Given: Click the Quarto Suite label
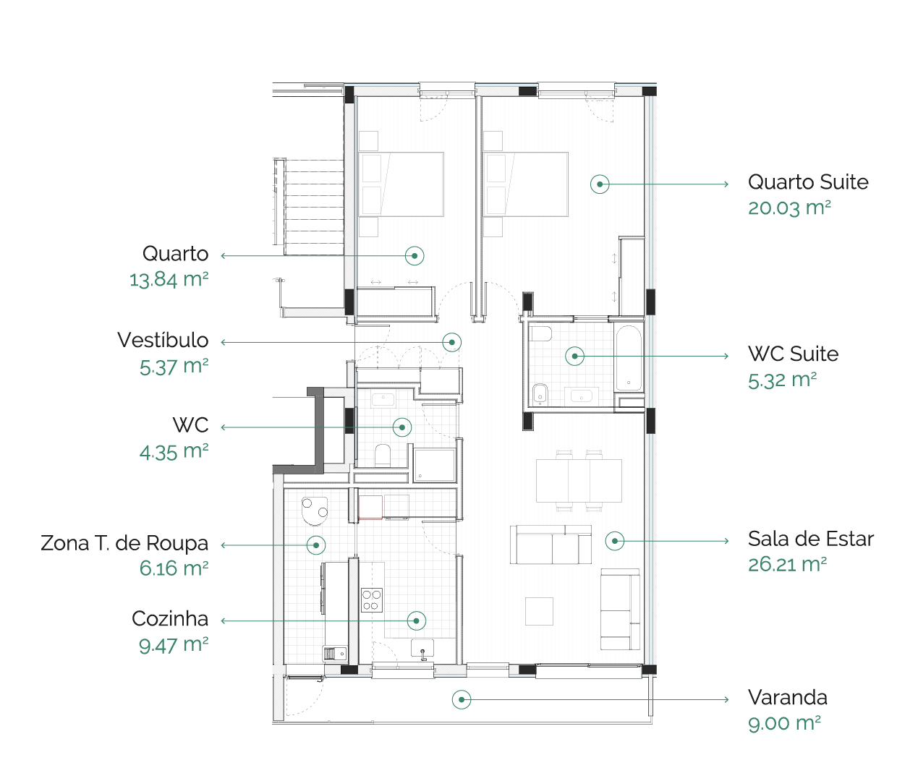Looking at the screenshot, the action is [808, 182].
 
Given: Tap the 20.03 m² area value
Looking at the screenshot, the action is [789, 208].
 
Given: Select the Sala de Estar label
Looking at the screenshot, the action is [810, 539].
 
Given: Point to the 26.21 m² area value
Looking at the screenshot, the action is [787, 565].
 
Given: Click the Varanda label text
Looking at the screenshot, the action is [788, 698].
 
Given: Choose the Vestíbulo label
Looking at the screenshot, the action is [163, 341].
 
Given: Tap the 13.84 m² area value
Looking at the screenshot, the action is [169, 280].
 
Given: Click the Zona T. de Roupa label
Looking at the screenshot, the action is [124, 543].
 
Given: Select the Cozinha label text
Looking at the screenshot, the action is [170, 619].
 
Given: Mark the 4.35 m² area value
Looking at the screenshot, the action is [174, 452].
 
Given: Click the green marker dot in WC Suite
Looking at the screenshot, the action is [574, 356].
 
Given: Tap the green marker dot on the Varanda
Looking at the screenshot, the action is [462, 700].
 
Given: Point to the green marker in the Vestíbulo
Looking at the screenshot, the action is [451, 342].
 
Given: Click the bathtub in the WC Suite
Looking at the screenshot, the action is [629, 358].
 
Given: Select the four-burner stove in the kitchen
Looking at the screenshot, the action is [371, 599].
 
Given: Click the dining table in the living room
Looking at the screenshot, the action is [579, 481].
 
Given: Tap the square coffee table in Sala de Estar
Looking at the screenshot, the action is [539, 611].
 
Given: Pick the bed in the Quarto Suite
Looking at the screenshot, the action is [526, 184].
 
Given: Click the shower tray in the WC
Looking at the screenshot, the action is [434, 464].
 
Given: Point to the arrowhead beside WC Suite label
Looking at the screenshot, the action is [726, 356].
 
